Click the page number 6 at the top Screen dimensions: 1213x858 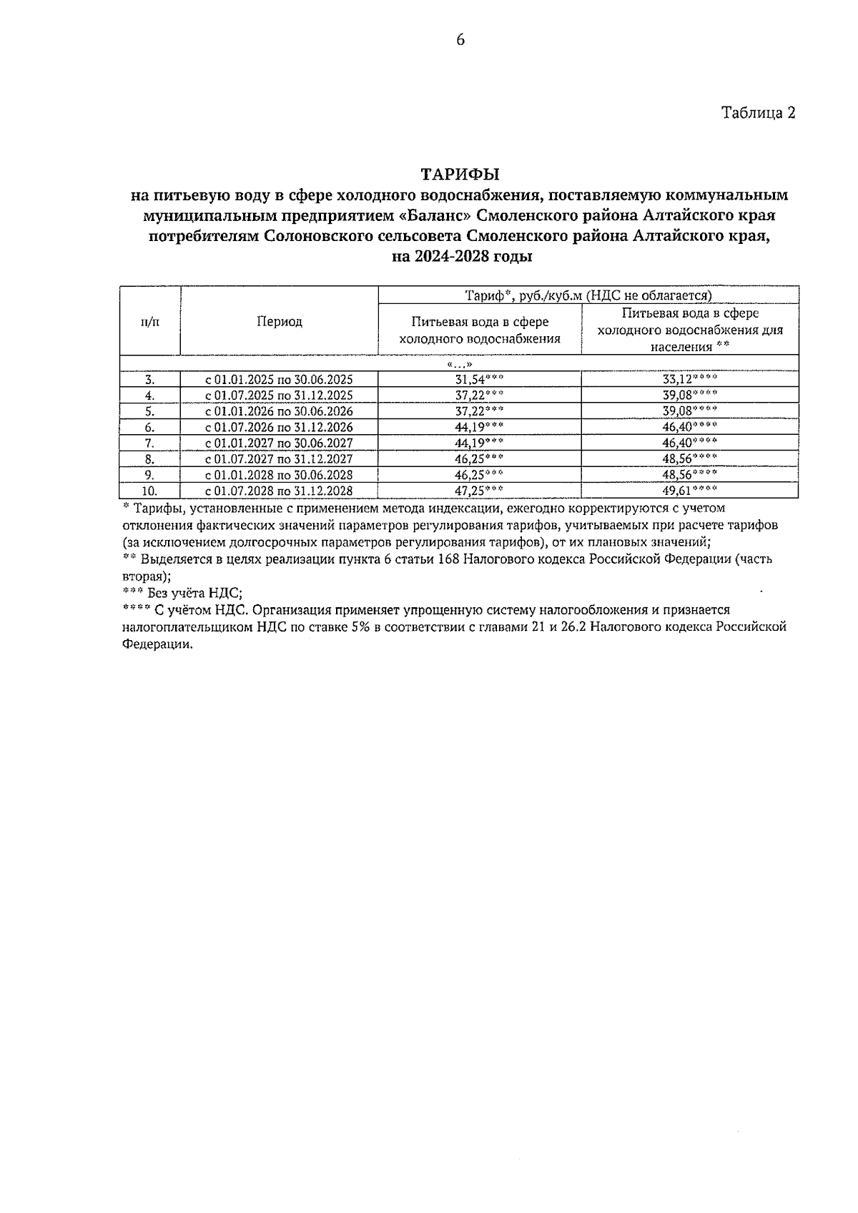click(x=460, y=41)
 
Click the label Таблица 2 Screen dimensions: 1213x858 click(x=758, y=113)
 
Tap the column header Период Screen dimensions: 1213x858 click(x=280, y=322)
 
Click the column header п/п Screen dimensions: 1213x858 click(x=150, y=322)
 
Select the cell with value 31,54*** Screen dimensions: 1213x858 click(x=479, y=380)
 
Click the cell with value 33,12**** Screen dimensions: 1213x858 click(x=689, y=380)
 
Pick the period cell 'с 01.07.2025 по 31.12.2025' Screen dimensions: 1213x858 click(x=279, y=396)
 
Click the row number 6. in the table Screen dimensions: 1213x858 click(x=150, y=427)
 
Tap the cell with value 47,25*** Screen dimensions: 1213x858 click(x=479, y=491)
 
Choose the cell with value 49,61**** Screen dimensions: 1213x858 click(x=689, y=491)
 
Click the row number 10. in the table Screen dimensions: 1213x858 click(x=150, y=491)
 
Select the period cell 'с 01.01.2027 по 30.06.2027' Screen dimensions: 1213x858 click(x=279, y=443)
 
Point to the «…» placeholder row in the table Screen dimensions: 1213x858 click(x=460, y=364)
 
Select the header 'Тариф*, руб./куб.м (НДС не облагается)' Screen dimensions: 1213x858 click(x=588, y=295)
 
